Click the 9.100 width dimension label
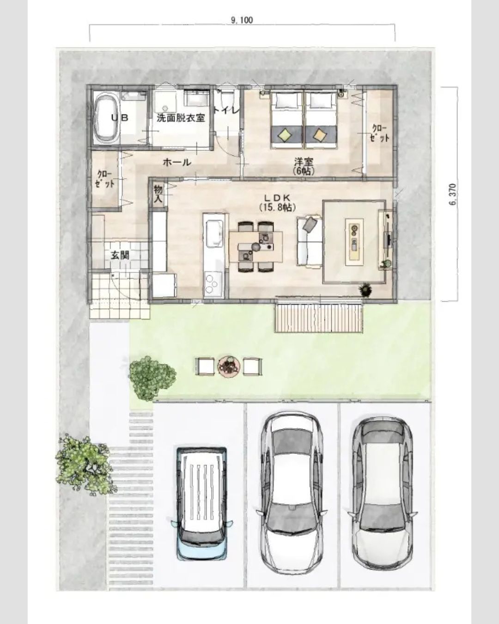click(x=242, y=20)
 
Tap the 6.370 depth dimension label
click(x=454, y=194)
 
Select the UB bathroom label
click(x=120, y=118)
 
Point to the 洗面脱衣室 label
click(x=181, y=118)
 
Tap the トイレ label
click(x=226, y=110)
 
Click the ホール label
click(x=177, y=162)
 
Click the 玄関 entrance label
click(x=120, y=256)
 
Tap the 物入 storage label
click(x=158, y=194)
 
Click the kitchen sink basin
click(x=214, y=233)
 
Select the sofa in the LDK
click(x=310, y=240)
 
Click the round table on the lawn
click(x=229, y=367)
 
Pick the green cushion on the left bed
click(x=285, y=134)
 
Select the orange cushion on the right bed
click(x=320, y=134)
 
